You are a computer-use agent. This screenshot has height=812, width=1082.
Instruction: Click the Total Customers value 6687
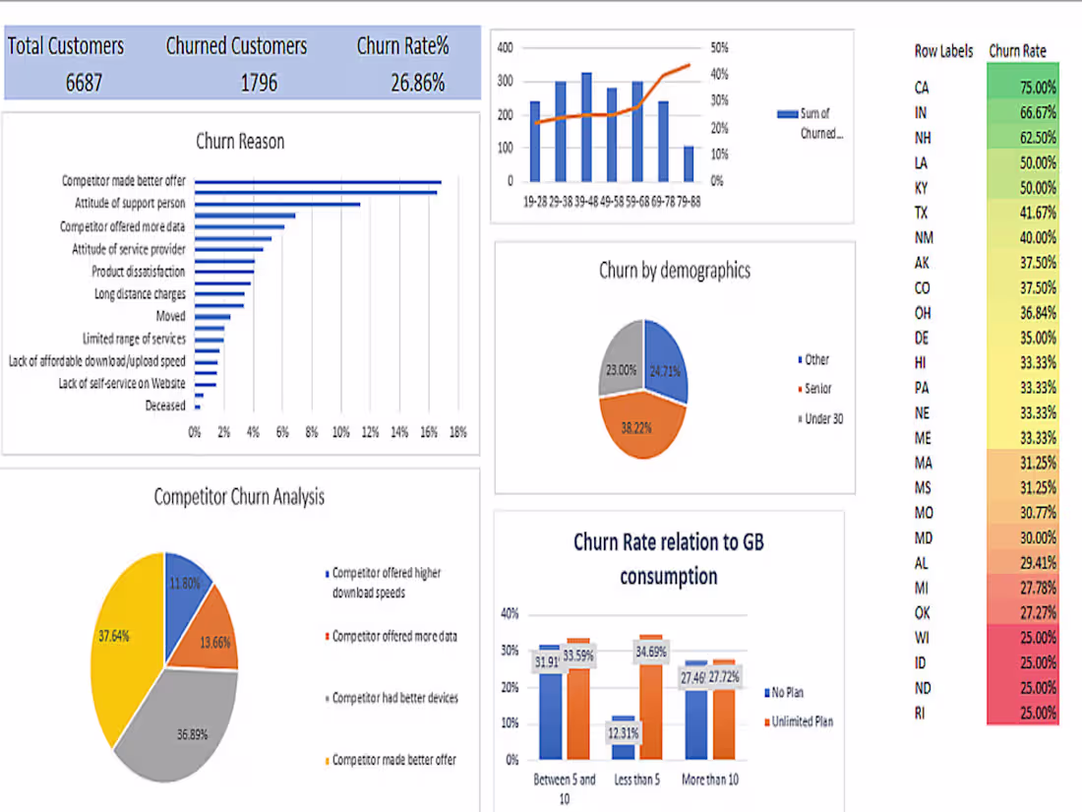(x=84, y=83)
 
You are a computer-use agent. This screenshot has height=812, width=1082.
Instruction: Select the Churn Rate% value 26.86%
(x=417, y=83)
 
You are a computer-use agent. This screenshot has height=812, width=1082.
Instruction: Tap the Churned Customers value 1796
(x=259, y=83)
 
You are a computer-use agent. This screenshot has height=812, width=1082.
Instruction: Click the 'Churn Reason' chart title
(x=240, y=142)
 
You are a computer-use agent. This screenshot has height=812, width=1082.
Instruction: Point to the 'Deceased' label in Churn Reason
(x=165, y=406)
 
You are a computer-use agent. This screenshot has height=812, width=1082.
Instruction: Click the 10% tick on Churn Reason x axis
(x=341, y=432)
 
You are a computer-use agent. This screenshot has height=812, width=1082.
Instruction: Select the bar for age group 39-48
(x=586, y=128)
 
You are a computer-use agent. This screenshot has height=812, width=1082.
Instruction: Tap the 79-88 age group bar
(x=689, y=164)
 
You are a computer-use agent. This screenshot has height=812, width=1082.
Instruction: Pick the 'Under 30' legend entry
(x=823, y=419)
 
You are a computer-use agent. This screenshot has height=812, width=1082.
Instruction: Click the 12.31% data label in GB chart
(x=623, y=733)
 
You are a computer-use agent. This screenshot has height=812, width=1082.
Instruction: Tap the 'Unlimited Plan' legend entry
(x=802, y=722)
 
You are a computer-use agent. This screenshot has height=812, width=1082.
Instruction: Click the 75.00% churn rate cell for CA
(x=1023, y=88)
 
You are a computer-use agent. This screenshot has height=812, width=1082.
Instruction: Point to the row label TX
(x=921, y=214)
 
